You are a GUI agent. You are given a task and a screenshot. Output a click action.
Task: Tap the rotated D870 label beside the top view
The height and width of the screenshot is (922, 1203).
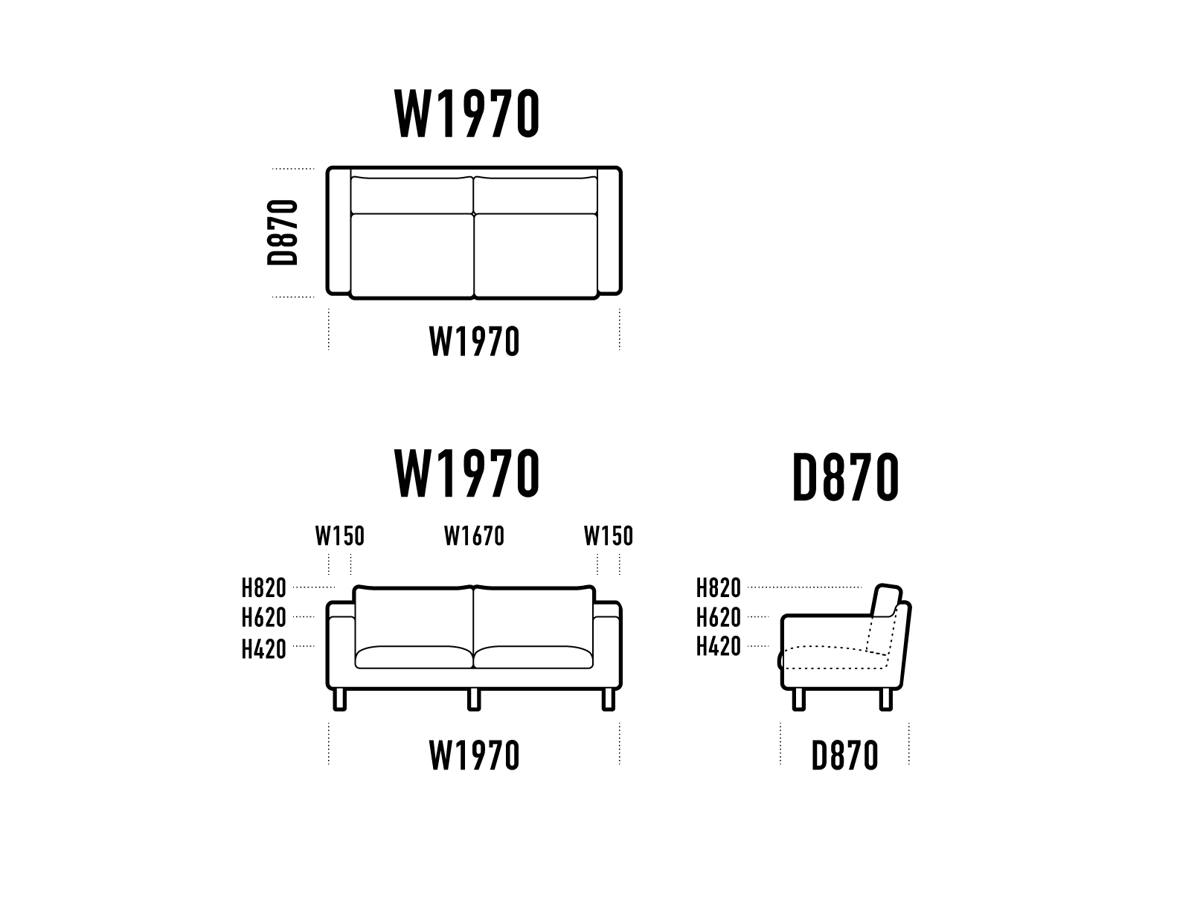point(283,232)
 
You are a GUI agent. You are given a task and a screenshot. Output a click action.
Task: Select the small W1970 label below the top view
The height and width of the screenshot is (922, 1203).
point(474,343)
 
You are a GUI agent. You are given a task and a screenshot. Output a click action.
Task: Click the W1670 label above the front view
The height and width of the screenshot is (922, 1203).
point(474,536)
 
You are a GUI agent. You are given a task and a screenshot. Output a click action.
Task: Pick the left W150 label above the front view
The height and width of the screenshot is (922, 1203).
point(339,536)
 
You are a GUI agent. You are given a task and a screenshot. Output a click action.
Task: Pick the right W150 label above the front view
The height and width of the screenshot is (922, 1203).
point(608,536)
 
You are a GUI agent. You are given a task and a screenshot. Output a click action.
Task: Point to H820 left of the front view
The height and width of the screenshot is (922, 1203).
point(263,588)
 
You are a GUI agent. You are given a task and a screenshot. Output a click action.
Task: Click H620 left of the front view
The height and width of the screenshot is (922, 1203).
point(263,618)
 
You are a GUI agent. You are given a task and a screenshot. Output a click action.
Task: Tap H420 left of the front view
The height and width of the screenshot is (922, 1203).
point(263,649)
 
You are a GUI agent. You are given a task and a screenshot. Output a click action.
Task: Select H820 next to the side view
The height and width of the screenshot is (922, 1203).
point(718,588)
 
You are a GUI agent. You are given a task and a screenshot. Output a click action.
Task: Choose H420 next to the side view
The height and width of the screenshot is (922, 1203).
point(718,647)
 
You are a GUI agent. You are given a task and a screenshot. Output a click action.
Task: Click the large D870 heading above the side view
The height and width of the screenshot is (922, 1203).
point(845,478)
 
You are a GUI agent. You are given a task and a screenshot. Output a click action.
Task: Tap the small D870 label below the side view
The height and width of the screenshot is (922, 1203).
point(844,756)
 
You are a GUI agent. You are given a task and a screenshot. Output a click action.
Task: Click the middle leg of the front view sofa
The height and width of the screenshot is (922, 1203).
point(474,699)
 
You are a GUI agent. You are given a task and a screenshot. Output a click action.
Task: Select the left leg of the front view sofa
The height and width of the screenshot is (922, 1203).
point(340,699)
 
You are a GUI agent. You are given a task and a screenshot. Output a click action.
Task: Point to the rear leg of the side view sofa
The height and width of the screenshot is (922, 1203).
point(885,699)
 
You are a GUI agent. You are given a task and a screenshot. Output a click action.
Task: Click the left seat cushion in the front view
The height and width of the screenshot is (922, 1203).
point(414,657)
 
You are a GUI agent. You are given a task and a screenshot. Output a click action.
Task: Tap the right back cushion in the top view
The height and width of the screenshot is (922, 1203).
point(535,196)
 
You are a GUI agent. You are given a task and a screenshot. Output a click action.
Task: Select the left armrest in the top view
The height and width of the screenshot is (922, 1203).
point(339,231)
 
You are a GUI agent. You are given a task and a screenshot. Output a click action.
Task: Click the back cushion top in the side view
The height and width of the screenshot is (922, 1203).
point(888,594)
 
